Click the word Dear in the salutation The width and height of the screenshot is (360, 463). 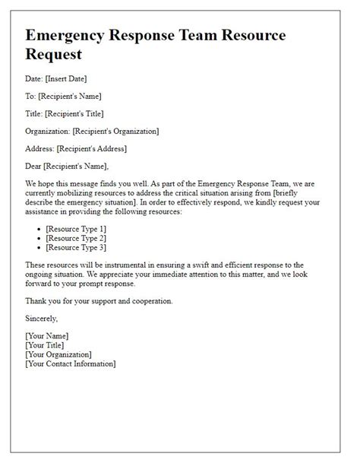tap(34, 166)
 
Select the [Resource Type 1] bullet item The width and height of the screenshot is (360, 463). tap(76, 228)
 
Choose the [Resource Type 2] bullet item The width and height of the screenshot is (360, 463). tap(76, 237)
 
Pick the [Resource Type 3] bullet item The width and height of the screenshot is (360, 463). tap(76, 246)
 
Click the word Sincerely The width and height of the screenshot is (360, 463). tap(41, 319)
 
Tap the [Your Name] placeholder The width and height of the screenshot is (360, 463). tap(47, 336)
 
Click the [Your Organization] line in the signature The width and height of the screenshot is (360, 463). tap(58, 354)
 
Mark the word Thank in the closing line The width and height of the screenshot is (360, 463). tap(36, 300)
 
